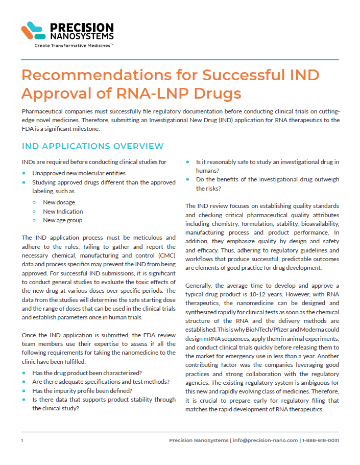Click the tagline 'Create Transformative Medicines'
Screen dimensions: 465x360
74,45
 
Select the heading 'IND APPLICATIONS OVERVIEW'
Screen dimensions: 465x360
92,147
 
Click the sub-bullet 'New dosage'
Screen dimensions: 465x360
59,202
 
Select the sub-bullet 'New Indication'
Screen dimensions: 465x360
63,212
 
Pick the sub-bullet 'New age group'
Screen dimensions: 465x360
62,221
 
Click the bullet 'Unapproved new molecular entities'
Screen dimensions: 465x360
79,173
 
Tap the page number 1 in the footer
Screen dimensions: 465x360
22,440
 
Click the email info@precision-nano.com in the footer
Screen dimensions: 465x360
266,440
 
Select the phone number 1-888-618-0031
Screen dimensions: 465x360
321,440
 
